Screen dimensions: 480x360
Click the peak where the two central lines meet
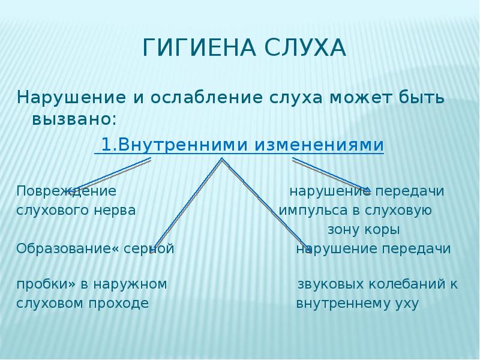[223, 160]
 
